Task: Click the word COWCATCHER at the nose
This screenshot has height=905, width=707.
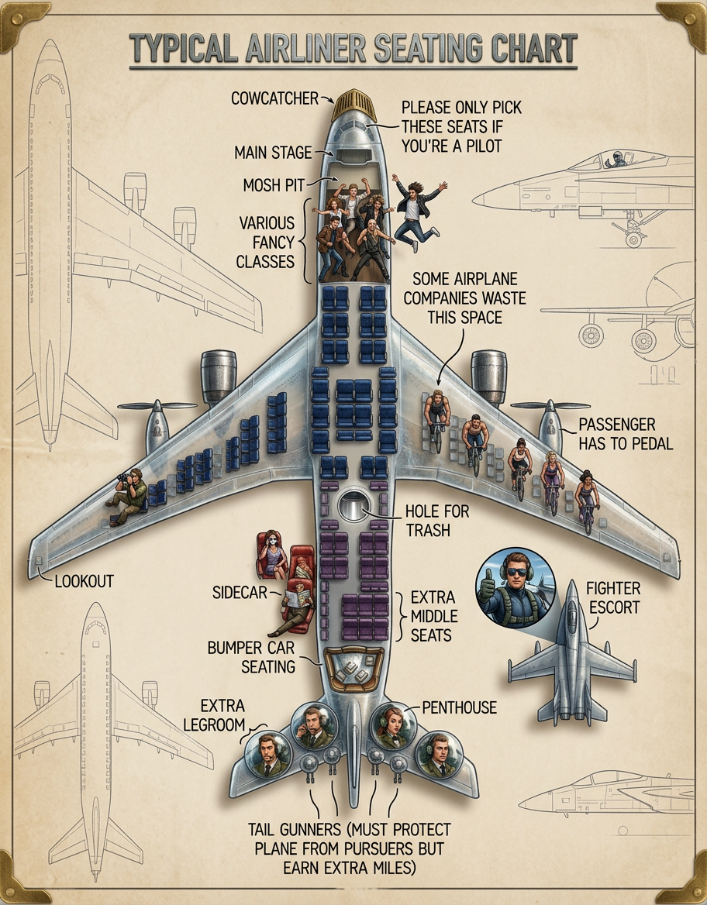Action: pyautogui.click(x=274, y=98)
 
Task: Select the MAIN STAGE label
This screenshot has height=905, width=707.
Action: pyautogui.click(x=273, y=153)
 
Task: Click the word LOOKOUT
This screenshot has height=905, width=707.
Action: pyautogui.click(x=84, y=580)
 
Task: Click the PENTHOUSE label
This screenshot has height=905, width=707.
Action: pyautogui.click(x=459, y=707)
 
